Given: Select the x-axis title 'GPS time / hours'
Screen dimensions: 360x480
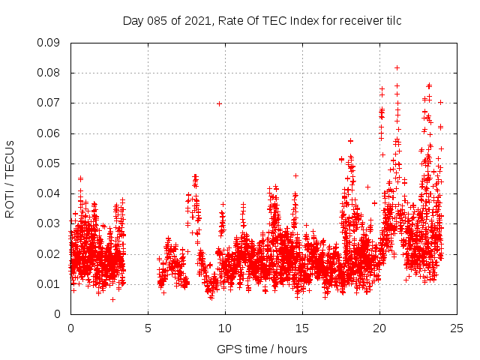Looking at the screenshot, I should pos(262,349).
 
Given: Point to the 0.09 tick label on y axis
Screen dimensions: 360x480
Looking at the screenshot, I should pos(50,43).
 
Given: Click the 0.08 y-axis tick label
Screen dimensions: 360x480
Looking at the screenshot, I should pos(50,73).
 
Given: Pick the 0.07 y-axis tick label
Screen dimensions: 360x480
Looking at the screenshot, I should pos(50,103).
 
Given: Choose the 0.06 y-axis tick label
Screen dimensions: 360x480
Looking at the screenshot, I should pos(50,133).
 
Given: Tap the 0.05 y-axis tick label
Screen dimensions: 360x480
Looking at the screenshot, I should pos(50,163).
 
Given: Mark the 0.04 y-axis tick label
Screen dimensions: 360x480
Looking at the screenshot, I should pos(50,193).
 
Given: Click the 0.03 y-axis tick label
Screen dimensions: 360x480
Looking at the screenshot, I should pos(50,223).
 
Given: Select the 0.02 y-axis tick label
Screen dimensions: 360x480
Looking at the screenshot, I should pos(50,253).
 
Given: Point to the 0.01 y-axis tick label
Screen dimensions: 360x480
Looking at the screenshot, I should pos(50,283).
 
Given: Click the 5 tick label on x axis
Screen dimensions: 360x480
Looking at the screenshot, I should pos(148,328).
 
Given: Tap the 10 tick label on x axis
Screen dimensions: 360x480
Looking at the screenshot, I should pos(225,328).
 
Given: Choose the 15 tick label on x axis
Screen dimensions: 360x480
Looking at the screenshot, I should pos(302,328).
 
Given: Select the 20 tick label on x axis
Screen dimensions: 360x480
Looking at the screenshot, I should pos(379,328).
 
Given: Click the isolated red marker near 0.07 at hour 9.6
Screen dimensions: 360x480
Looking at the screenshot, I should pos(219,103).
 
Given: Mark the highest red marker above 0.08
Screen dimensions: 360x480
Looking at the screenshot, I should pos(397,67).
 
